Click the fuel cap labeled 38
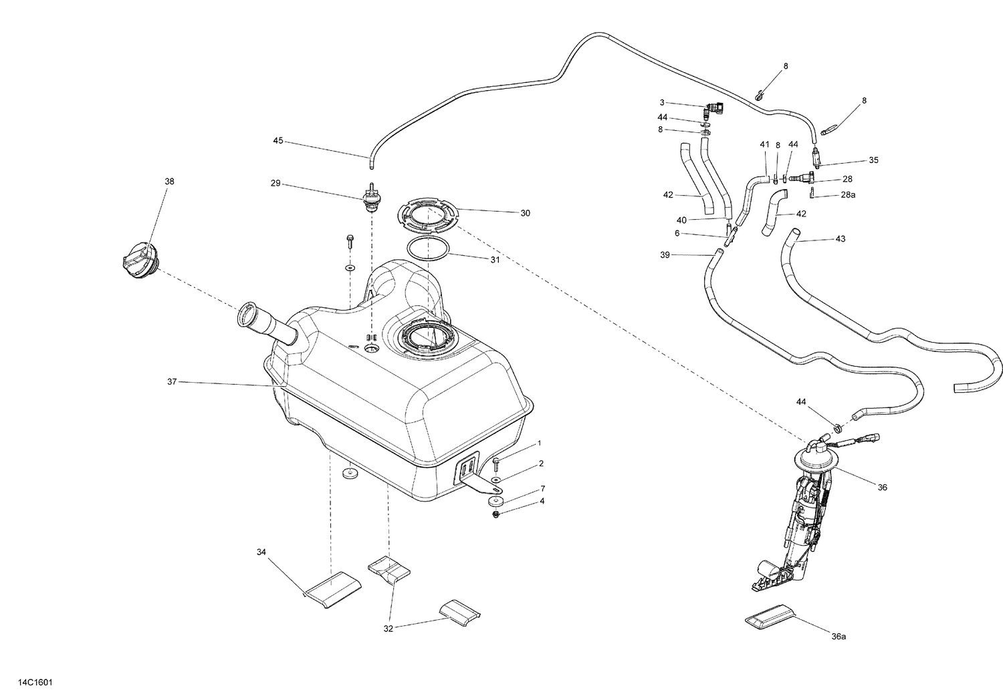[139, 261]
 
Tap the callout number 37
[172, 381]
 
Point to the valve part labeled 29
[369, 198]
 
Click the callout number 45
[278, 141]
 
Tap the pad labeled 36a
[771, 617]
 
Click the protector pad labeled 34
[333, 586]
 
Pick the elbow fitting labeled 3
[715, 109]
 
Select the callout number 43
[841, 238]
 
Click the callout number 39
[665, 254]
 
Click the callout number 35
[873, 160]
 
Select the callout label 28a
[849, 195]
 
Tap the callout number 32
[389, 629]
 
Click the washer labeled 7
[495, 501]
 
